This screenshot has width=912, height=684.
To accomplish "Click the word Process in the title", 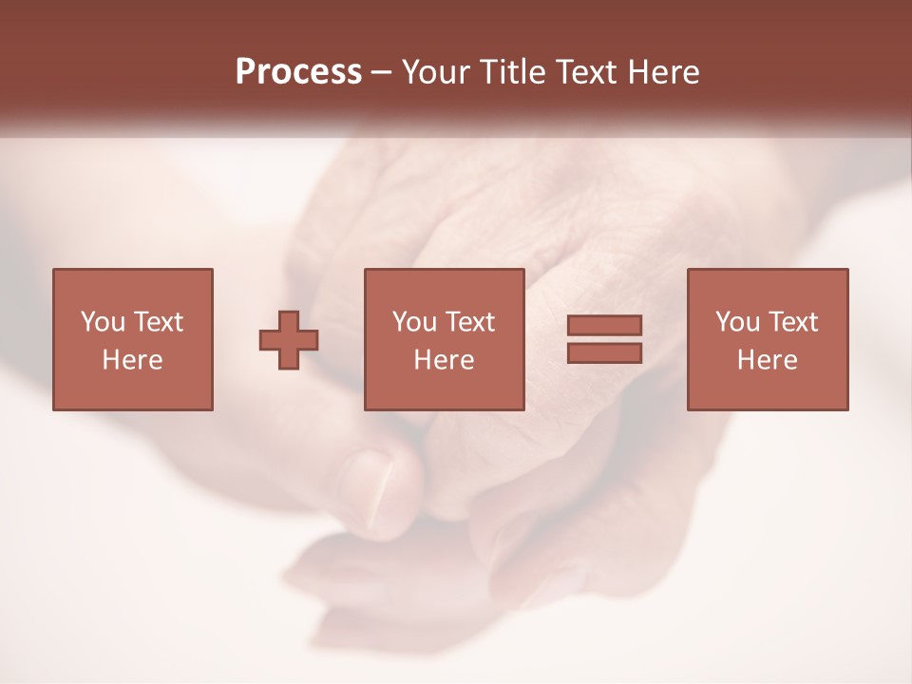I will pyautogui.click(x=298, y=72).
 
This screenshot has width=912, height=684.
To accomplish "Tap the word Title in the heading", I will pyautogui.click(x=512, y=72).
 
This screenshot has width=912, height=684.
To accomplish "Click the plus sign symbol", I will pyautogui.click(x=289, y=340).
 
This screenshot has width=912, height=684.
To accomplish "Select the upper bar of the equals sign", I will pyautogui.click(x=604, y=325).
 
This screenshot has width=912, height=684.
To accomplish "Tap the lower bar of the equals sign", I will pyautogui.click(x=604, y=352).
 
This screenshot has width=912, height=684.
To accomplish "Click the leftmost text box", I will pyautogui.click(x=132, y=339).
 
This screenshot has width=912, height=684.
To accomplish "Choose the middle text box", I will pyautogui.click(x=444, y=339).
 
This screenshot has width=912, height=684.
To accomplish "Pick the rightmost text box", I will pyautogui.click(x=767, y=339).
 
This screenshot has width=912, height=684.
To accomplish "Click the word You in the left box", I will pyautogui.click(x=103, y=322).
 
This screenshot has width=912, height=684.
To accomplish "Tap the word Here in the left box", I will pyautogui.click(x=132, y=359).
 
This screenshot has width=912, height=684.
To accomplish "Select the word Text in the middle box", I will pyautogui.click(x=469, y=322).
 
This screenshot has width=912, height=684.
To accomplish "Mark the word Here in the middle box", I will pyautogui.click(x=444, y=359).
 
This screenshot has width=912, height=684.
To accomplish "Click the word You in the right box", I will pyautogui.click(x=737, y=322).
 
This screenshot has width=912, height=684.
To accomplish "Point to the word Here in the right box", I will pyautogui.click(x=767, y=359).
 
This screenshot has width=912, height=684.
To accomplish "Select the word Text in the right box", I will pyautogui.click(x=792, y=322).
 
